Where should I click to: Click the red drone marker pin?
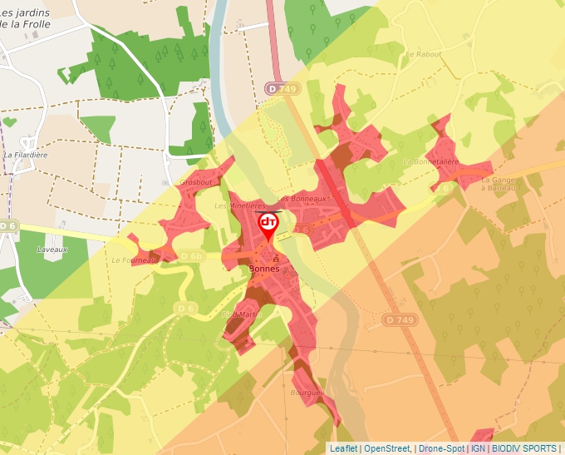click(268, 225)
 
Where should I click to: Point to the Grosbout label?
click(196, 181)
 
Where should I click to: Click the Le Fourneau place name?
click(134, 260)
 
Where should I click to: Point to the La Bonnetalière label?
click(430, 161)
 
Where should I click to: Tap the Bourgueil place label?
click(309, 393)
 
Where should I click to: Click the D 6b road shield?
click(190, 256)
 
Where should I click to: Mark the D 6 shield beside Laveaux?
click(7, 225)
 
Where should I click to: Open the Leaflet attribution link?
click(343, 448)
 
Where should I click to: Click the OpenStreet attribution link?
click(387, 448)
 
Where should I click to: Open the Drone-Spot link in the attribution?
click(440, 448)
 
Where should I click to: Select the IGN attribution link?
click(478, 448)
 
